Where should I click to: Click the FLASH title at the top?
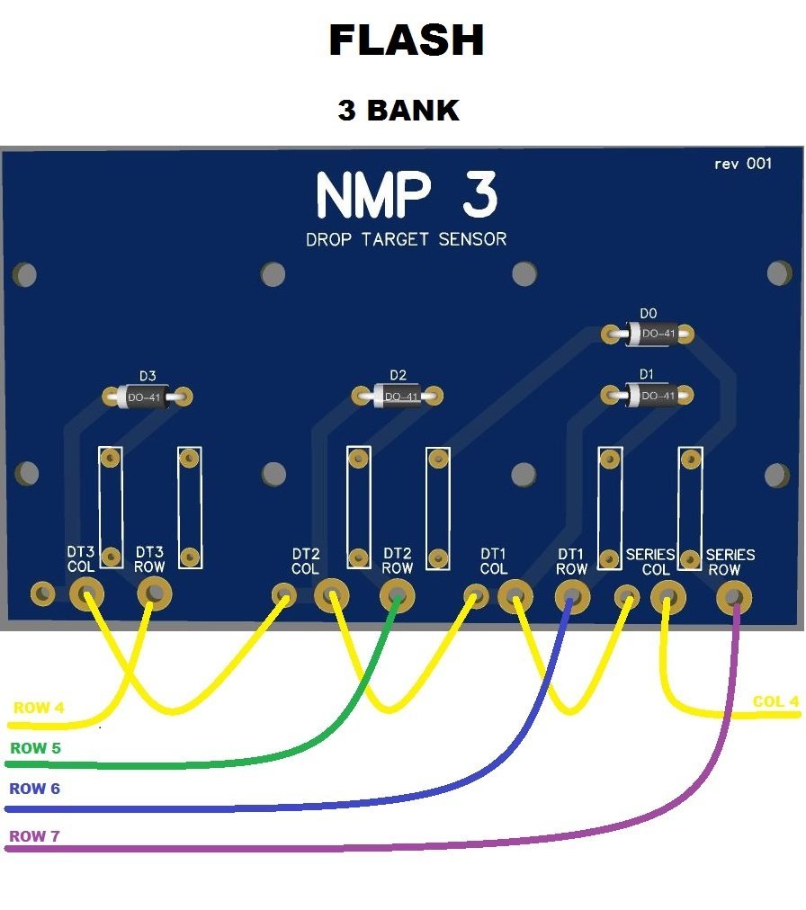(x=406, y=41)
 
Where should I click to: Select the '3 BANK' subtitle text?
(x=399, y=111)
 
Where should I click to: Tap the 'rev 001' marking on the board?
(x=742, y=164)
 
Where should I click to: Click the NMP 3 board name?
(x=406, y=195)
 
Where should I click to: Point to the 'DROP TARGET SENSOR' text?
(x=406, y=239)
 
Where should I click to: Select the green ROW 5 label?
(x=35, y=747)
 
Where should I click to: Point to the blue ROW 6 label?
(x=35, y=789)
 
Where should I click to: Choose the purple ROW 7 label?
(x=35, y=836)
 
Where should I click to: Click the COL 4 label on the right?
(x=775, y=701)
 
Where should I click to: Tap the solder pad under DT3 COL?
(x=86, y=593)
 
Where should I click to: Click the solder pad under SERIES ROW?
(x=733, y=595)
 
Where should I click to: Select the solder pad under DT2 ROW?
(x=397, y=594)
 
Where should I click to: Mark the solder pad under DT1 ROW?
(x=570, y=594)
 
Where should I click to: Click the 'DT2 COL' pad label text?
(x=306, y=562)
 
